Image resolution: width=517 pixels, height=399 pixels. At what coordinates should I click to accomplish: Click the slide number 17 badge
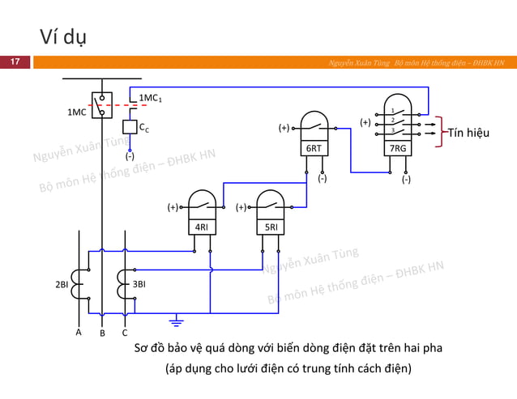coord(14,62)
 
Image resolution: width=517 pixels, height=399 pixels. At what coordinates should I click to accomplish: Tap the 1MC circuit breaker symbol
coord(102,106)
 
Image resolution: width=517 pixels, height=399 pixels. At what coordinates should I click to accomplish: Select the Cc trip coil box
coord(129,127)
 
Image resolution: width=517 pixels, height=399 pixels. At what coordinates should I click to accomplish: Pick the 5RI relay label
coord(271,227)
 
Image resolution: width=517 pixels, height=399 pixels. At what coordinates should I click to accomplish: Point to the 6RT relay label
coord(314,149)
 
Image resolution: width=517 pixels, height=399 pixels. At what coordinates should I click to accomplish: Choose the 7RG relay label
coord(398,149)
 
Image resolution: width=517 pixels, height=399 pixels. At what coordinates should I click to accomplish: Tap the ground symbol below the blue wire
coord(176,324)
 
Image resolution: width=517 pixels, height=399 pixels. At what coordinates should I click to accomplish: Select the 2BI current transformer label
coord(62,284)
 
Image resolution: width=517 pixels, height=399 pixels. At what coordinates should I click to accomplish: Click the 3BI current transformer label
coord(139,284)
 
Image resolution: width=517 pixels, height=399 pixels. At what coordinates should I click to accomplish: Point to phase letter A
coord(79,332)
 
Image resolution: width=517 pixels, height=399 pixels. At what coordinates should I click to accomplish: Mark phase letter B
coord(101,332)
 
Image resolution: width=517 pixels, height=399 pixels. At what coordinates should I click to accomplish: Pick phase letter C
coord(125,332)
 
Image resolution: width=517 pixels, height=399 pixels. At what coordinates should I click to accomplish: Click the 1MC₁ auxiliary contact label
coord(152,99)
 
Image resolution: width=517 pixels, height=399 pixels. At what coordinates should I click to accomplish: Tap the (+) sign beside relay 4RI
coord(173,207)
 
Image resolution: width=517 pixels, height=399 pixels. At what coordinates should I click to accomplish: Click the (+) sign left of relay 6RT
coord(284,128)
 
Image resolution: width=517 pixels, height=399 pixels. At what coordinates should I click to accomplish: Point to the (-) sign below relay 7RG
coord(406,180)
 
